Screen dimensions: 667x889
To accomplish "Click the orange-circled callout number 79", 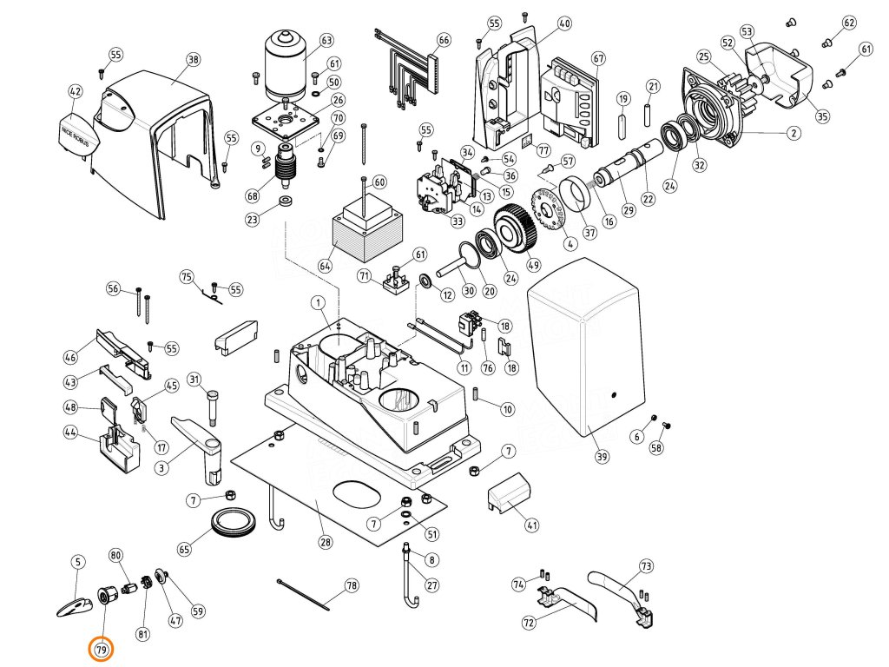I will click(102, 649).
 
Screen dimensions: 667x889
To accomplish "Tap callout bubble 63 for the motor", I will click(326, 41).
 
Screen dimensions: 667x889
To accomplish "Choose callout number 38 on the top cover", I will click(193, 60).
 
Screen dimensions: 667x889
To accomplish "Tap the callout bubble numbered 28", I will click(325, 543).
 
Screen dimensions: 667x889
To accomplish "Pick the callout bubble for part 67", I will click(597, 58).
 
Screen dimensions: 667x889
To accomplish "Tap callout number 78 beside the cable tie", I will click(352, 585).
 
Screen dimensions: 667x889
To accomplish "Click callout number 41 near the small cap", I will click(532, 525).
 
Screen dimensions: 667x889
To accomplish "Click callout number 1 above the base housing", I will click(319, 302).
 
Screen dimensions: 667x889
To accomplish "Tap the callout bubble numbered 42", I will click(76, 91).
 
